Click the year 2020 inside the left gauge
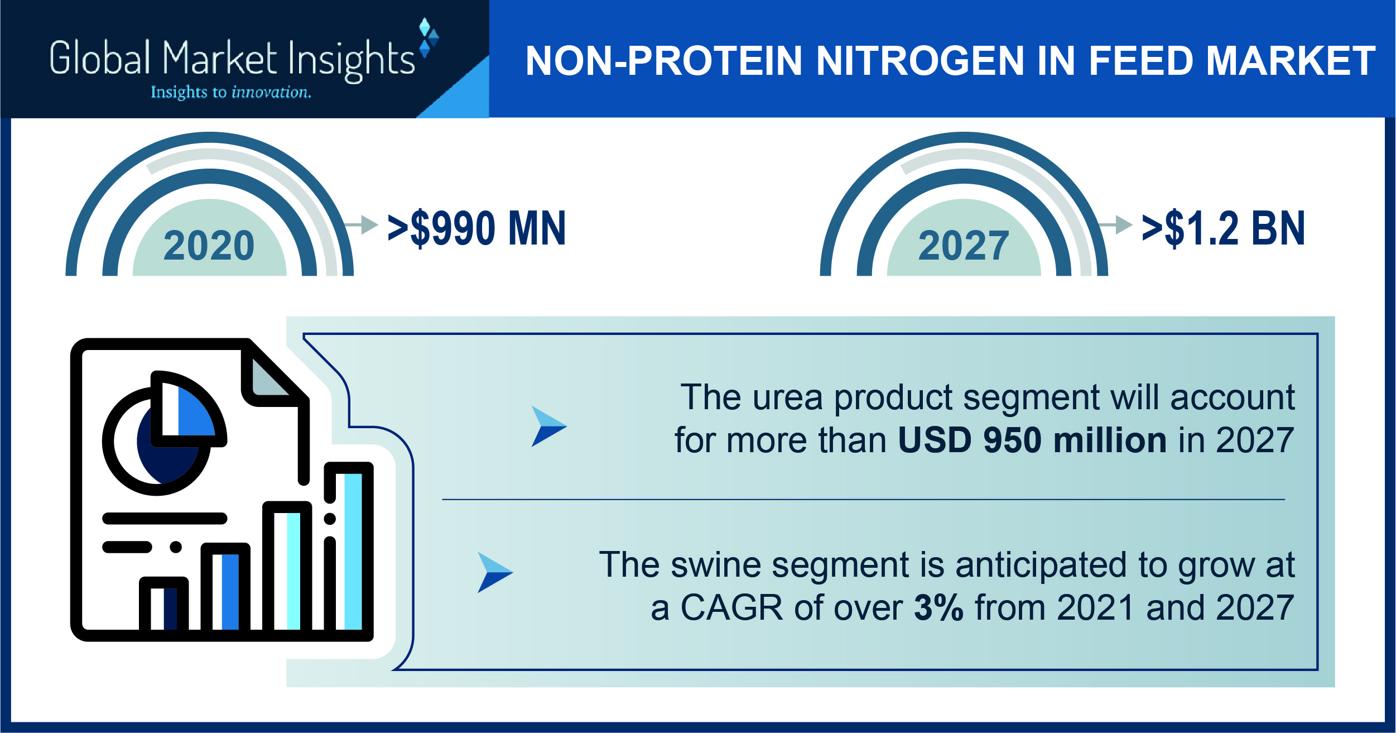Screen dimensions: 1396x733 point(209,246)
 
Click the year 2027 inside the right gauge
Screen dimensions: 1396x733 point(964,246)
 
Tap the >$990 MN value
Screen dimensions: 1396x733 point(477,228)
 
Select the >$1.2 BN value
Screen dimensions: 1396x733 point(1224,228)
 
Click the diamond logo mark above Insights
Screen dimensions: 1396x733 point(429,38)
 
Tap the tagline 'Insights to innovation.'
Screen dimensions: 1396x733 point(231,92)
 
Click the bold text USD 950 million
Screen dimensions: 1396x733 point(1032,440)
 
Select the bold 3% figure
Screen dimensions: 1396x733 point(938,607)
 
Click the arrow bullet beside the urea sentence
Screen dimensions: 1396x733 point(549,426)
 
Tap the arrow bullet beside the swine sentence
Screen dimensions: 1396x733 point(495,572)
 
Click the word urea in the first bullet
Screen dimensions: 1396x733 point(787,397)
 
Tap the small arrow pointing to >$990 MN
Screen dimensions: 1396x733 point(362,224)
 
